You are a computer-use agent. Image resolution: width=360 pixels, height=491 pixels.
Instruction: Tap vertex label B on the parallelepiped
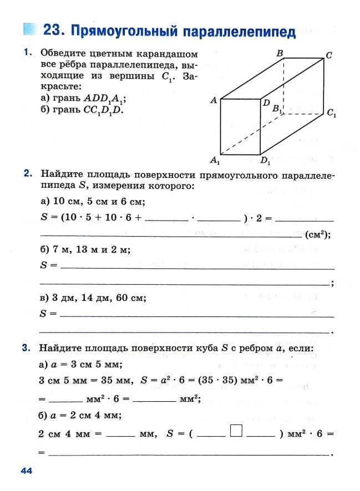(x=280, y=53)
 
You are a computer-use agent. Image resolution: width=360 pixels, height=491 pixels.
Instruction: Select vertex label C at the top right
(x=329, y=56)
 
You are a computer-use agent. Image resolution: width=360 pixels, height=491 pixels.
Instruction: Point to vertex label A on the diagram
(x=214, y=100)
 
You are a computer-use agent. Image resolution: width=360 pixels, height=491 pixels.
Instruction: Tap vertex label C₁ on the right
(x=331, y=114)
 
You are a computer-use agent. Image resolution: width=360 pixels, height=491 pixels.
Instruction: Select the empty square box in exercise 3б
(x=236, y=431)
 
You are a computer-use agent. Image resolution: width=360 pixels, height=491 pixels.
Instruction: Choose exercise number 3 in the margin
(x=26, y=349)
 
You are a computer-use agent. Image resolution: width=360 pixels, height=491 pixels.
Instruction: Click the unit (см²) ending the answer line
(x=318, y=234)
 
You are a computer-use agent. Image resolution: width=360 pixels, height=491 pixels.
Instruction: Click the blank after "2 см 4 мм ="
(x=120, y=434)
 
